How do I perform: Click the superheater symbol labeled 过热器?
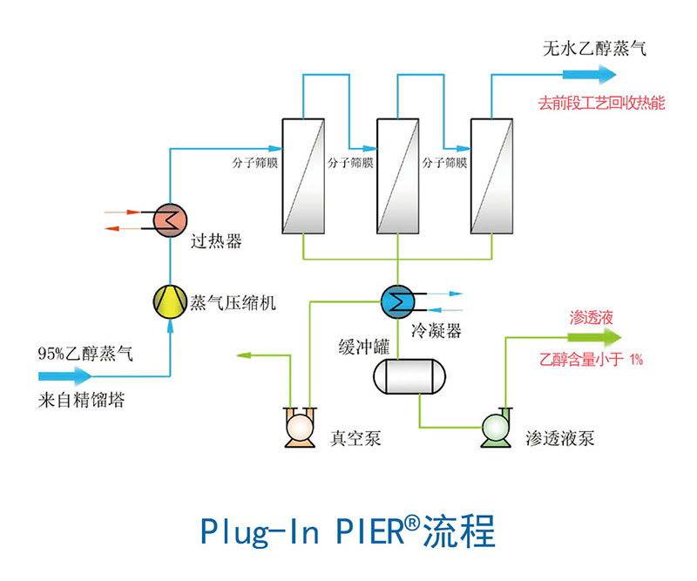[x=169, y=218]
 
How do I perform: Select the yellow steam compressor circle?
[x=169, y=301]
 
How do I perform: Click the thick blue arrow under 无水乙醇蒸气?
[x=586, y=75]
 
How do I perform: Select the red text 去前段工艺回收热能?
[x=601, y=104]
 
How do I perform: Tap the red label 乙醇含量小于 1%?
[x=592, y=359]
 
